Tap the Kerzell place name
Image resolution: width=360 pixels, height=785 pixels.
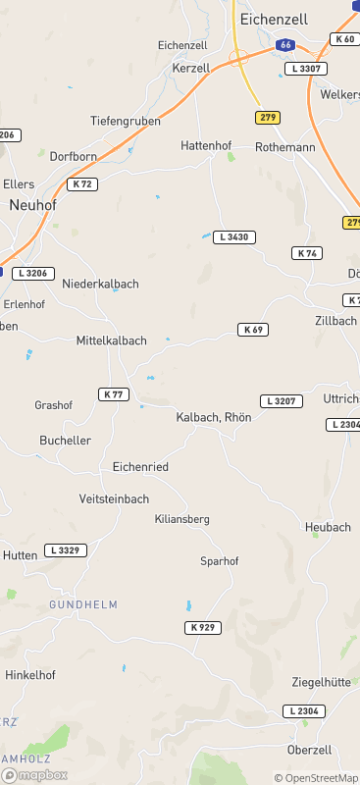pyautogui.click(x=191, y=68)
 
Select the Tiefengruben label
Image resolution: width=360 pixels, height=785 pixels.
pyautogui.click(x=126, y=121)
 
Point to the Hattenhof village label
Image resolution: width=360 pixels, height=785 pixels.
pyautogui.click(x=206, y=145)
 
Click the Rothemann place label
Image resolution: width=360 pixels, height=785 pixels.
pyautogui.click(x=284, y=146)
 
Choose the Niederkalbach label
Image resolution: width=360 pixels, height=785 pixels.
pyautogui.click(x=100, y=284)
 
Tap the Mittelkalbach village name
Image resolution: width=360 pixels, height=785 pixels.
pyautogui.click(x=111, y=340)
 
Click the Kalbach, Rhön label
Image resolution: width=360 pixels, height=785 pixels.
pyautogui.click(x=214, y=417)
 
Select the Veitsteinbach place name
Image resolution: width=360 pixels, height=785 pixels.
pyautogui.click(x=116, y=498)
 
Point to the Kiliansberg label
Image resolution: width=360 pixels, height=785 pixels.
pyautogui.click(x=182, y=518)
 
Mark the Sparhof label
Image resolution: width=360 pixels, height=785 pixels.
pyautogui.click(x=219, y=561)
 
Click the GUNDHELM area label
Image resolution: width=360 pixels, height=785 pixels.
pyautogui.click(x=83, y=604)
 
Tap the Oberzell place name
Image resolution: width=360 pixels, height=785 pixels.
pyautogui.click(x=311, y=751)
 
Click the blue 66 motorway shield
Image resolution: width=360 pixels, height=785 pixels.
pyautogui.click(x=284, y=45)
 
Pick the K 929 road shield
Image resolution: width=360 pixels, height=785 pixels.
pyautogui.click(x=203, y=627)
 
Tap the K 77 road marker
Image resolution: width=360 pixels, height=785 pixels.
pyautogui.click(x=114, y=393)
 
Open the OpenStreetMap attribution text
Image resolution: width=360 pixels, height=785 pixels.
pyautogui.click(x=316, y=777)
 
